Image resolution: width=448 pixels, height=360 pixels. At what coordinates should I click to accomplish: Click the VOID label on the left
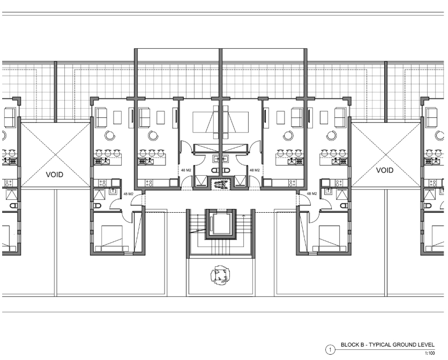point(54,174)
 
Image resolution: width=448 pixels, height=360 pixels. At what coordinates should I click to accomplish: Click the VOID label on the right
point(385,170)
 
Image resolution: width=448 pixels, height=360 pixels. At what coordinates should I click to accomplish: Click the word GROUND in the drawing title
point(405,344)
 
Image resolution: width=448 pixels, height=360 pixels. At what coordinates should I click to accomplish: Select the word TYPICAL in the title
point(380,344)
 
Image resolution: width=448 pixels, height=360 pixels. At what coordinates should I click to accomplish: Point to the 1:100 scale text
point(430,354)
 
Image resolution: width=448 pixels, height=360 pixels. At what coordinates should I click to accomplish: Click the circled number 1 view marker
point(330,350)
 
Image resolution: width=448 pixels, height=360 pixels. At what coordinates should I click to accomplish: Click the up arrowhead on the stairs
point(243,216)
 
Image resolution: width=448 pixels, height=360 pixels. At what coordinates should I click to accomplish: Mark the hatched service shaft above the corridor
point(220,183)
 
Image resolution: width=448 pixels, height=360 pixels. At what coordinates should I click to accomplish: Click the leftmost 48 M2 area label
point(128,194)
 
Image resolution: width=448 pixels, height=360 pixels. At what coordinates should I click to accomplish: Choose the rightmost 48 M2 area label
point(312,193)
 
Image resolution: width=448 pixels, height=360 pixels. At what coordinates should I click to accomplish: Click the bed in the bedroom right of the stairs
point(329,238)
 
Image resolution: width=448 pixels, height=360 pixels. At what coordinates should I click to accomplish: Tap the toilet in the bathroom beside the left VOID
point(98,205)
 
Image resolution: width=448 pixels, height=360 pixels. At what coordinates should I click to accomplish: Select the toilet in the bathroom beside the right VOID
point(344,205)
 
